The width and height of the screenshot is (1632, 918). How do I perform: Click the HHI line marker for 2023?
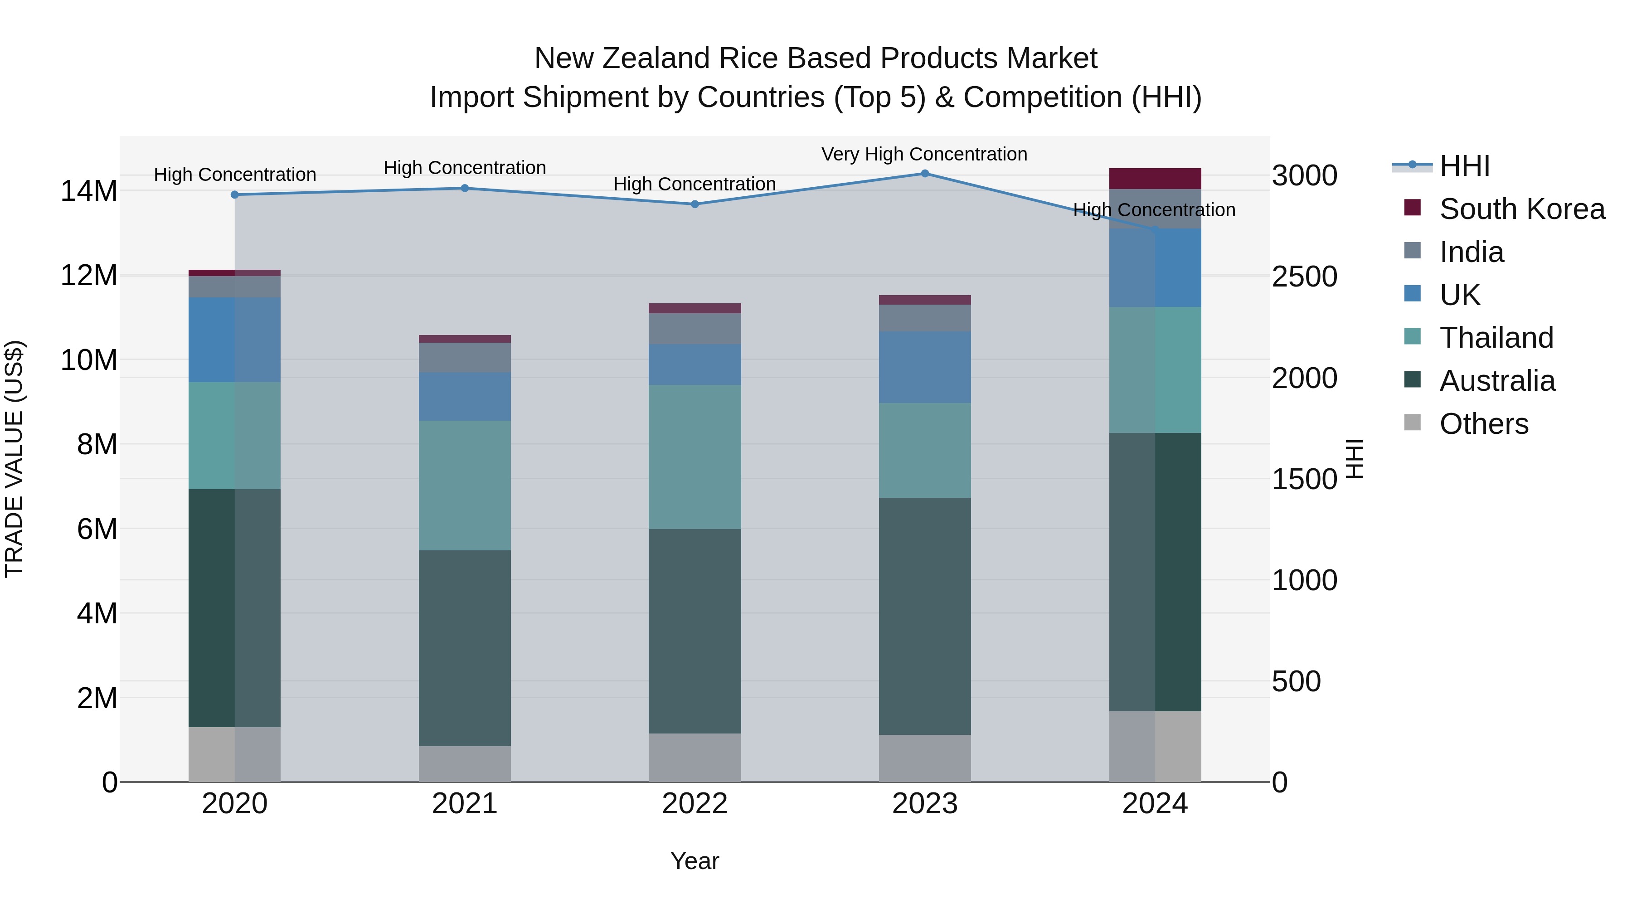pyautogui.click(x=924, y=174)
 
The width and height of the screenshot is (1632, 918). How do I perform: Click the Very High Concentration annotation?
pyautogui.click(x=924, y=154)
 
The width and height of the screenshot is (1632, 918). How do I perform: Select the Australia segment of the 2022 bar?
pyautogui.click(x=695, y=631)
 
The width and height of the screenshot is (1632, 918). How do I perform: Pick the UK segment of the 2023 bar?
pyautogui.click(x=924, y=367)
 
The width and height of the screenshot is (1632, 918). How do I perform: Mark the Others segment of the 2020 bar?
pyautogui.click(x=234, y=754)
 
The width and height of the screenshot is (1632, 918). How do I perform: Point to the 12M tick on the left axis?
pyautogui.click(x=89, y=276)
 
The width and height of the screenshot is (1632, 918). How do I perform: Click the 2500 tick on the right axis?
pyautogui.click(x=1304, y=277)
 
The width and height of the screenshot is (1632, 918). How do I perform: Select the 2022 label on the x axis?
pyautogui.click(x=695, y=804)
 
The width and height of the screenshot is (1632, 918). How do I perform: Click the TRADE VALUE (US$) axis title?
pyautogui.click(x=14, y=459)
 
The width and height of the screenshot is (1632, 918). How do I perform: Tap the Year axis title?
pyautogui.click(x=695, y=861)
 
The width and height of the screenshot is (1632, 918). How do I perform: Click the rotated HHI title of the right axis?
pyautogui.click(x=1353, y=459)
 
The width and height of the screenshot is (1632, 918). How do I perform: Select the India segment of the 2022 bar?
pyautogui.click(x=695, y=329)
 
